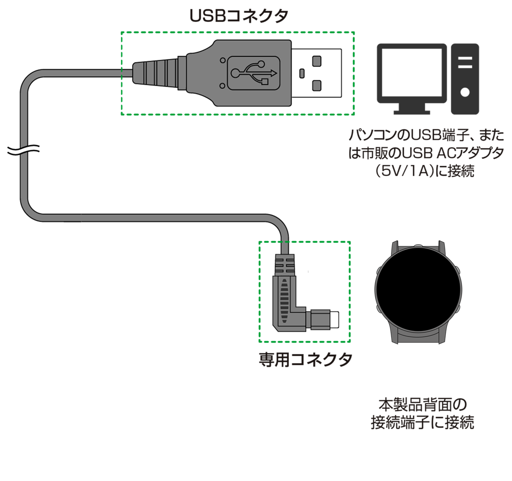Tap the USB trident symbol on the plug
[253, 72]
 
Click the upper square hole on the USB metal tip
[317, 60]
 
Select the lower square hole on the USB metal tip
[317, 85]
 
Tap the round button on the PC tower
[465, 92]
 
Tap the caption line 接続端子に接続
[422, 422]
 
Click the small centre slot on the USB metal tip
[302, 72]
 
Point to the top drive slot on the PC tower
[465, 58]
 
